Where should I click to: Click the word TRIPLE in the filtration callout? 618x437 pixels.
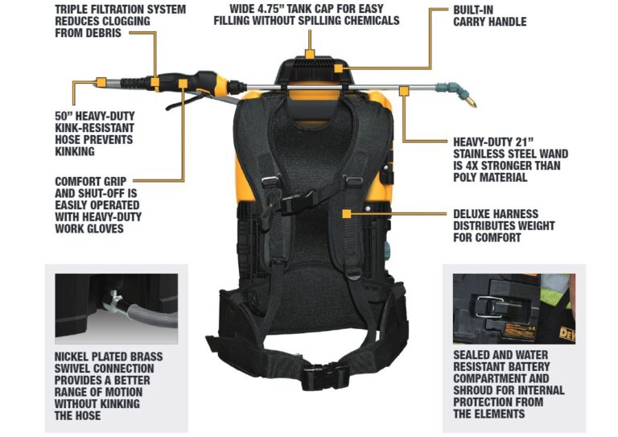pyautogui.click(x=76, y=9)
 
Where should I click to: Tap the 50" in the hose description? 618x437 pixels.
pyautogui.click(x=54, y=117)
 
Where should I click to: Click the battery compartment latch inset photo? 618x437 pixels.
pyautogui.click(x=513, y=308)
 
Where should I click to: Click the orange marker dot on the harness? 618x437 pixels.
pyautogui.click(x=347, y=214)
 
